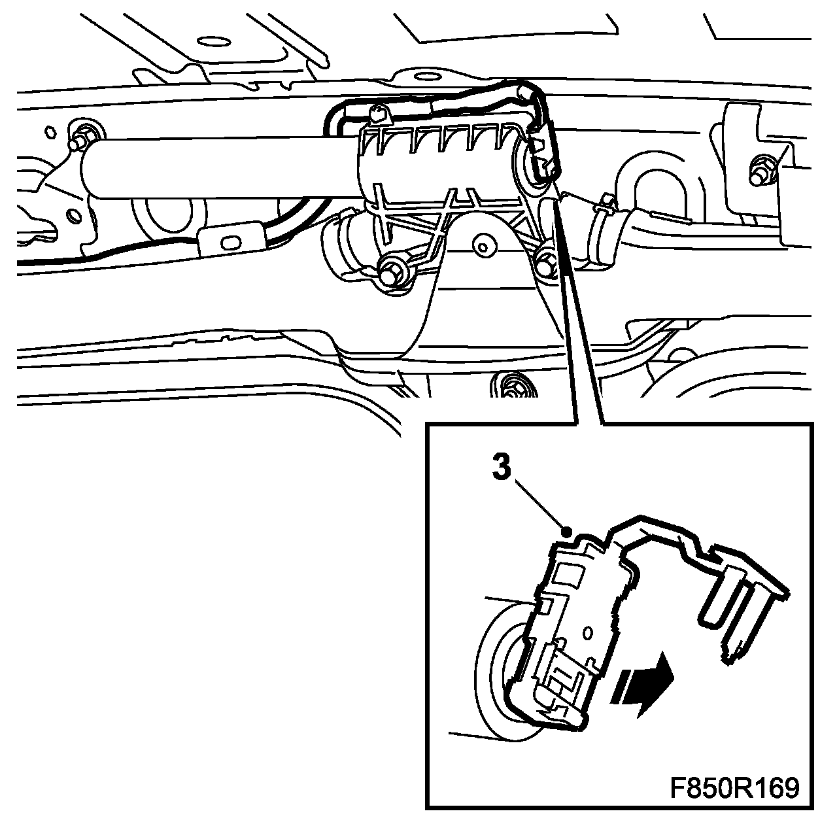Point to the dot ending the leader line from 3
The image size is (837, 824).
point(566,530)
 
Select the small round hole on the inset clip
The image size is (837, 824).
point(588,630)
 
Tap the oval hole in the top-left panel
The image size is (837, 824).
point(214,42)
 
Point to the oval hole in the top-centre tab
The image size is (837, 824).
point(426,77)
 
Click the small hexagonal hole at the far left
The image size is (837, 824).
point(50,131)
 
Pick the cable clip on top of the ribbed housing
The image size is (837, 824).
point(378,113)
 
